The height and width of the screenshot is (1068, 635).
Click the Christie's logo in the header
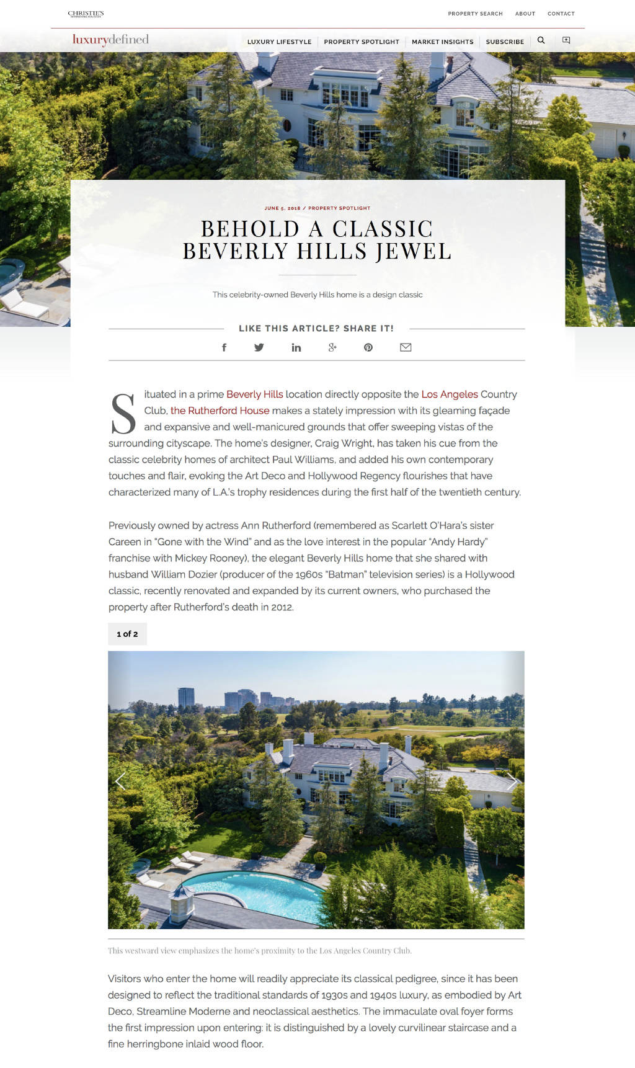point(86,14)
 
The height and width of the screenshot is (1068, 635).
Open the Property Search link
point(475,14)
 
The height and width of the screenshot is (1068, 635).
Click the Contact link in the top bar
point(561,14)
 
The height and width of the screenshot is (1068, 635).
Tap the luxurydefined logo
point(110,40)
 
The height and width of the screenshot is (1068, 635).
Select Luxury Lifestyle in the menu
point(279,42)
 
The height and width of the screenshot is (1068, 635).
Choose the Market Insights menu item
point(442,42)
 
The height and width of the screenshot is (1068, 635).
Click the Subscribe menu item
point(505,42)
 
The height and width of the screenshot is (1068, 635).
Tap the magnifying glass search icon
point(541,40)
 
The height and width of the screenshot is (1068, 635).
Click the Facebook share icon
point(224,347)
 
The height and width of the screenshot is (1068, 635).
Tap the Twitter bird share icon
point(259,347)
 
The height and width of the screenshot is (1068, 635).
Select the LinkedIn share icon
point(296,347)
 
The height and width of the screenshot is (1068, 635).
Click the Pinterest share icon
point(368,347)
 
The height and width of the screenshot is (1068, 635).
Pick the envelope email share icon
point(406,347)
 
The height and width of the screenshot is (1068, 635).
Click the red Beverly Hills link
point(254,394)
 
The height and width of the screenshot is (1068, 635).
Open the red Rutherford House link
point(220,411)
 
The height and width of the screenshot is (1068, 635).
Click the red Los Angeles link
point(450,394)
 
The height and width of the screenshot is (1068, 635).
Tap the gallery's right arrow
point(512,782)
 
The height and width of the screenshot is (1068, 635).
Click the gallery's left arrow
point(120,782)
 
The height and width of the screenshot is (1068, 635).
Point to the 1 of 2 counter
point(127,634)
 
